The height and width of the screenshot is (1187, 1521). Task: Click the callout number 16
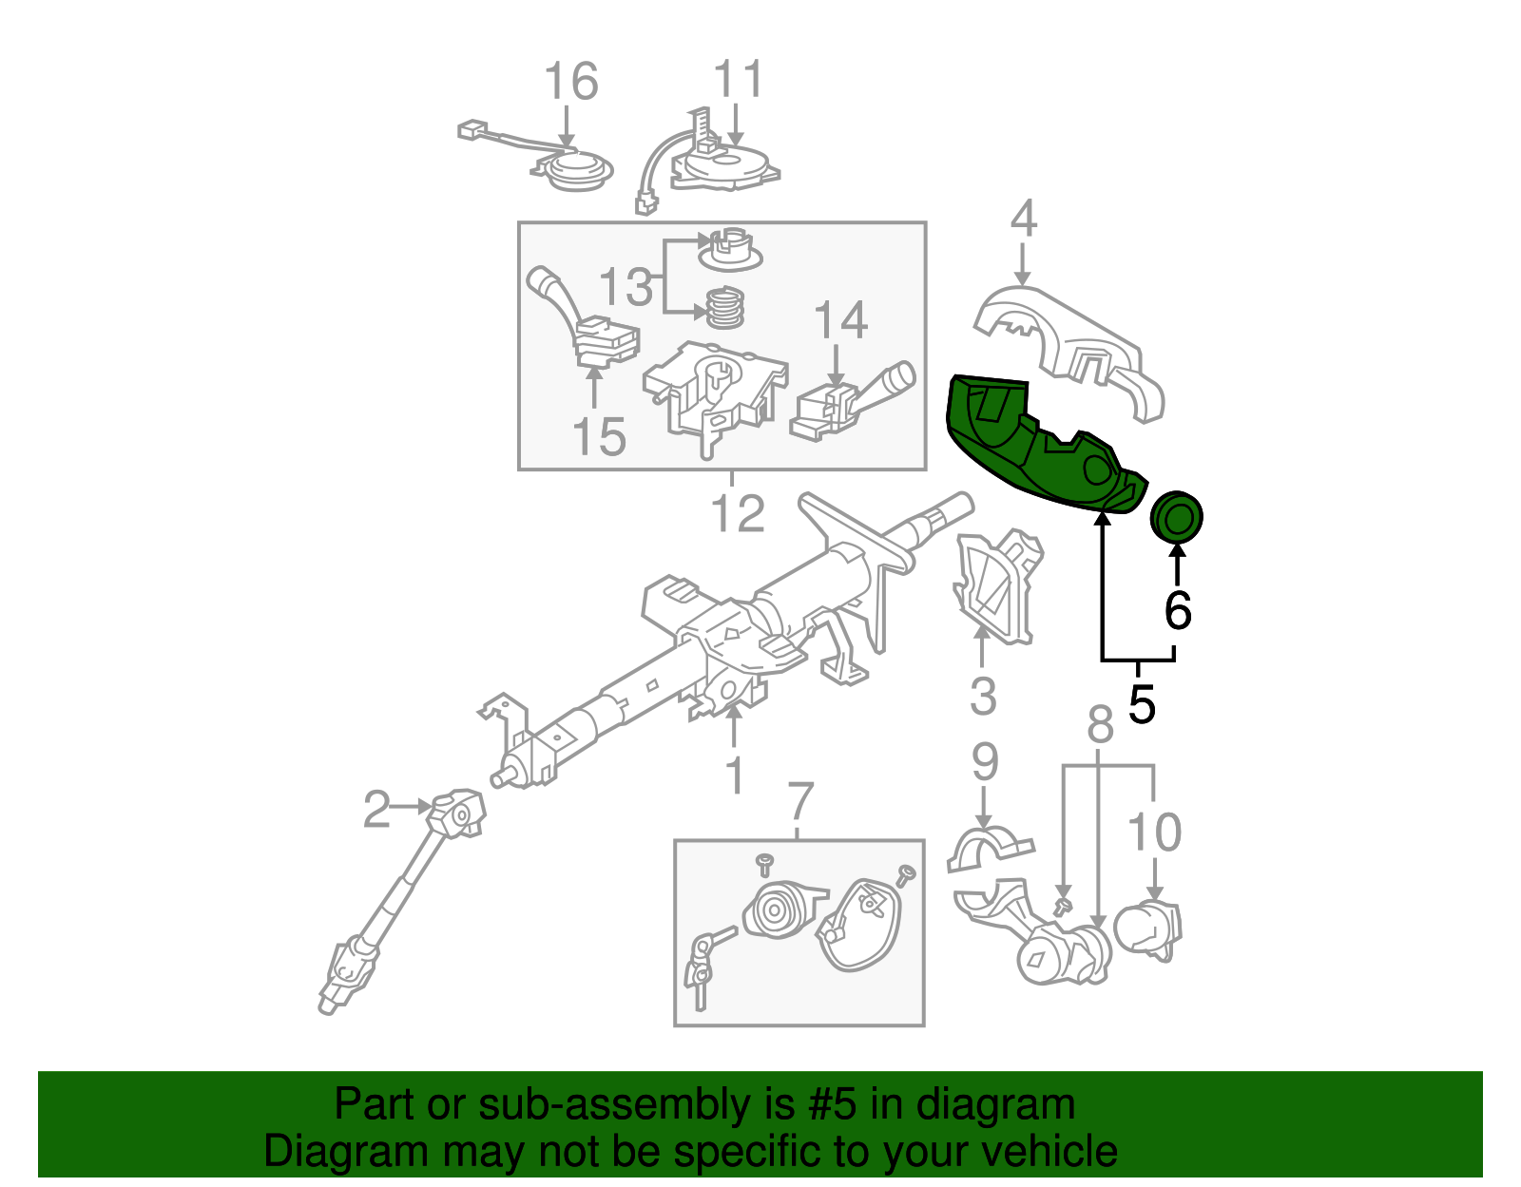[571, 82]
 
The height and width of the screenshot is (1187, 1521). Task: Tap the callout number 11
[738, 80]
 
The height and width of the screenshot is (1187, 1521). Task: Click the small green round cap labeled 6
[1177, 518]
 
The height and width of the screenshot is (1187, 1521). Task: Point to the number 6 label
[1177, 610]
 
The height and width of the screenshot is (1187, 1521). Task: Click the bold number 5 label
[1142, 705]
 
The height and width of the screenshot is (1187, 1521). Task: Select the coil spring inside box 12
[724, 308]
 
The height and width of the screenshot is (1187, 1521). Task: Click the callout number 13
[626, 286]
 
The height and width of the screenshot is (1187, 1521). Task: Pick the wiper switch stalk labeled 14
[851, 404]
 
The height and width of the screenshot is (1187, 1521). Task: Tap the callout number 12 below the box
[738, 513]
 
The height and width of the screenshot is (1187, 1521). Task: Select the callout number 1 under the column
[734, 775]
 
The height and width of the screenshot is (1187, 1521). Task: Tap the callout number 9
[985, 762]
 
